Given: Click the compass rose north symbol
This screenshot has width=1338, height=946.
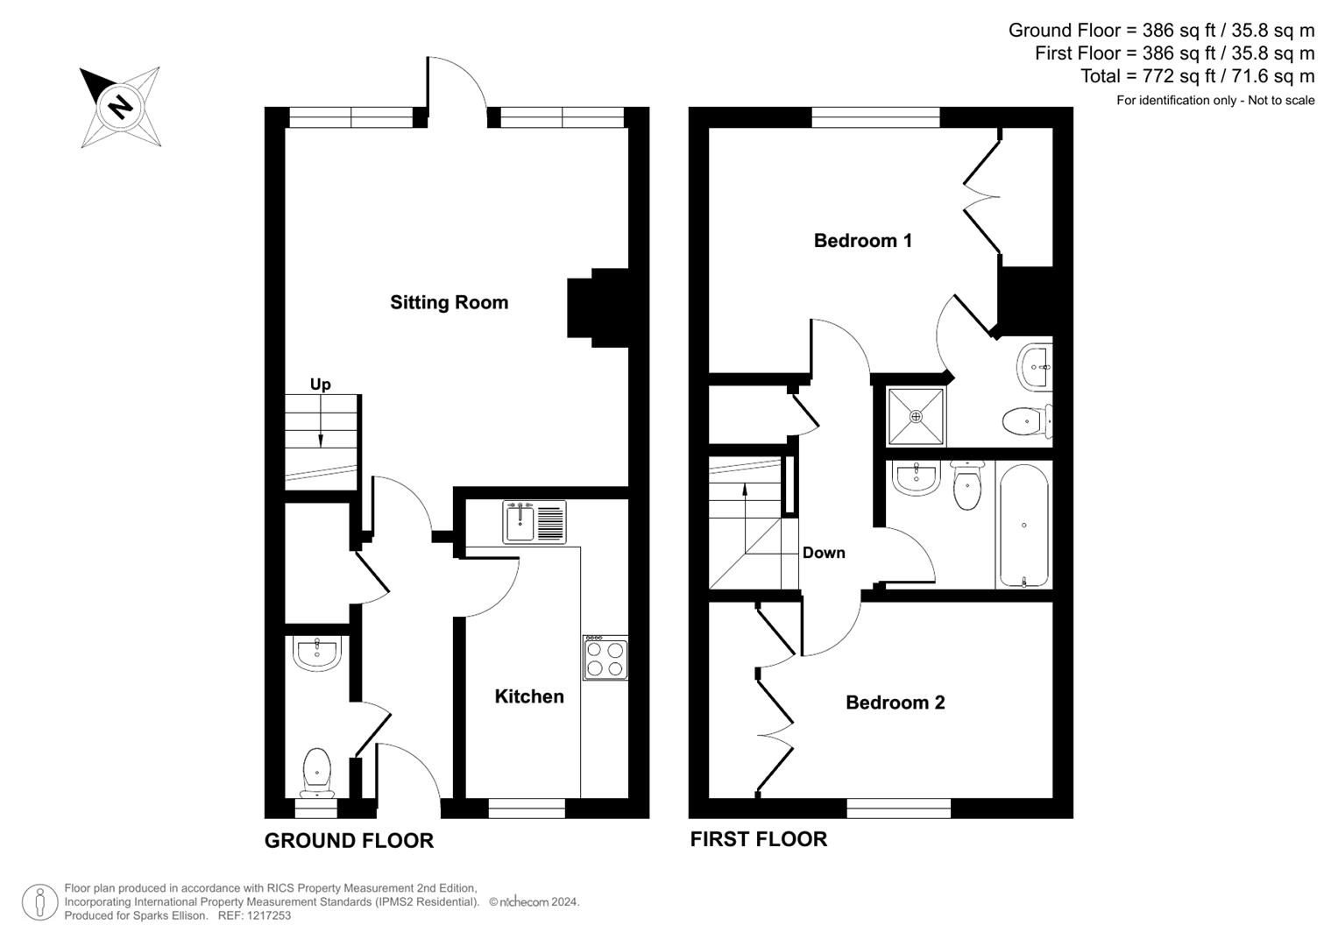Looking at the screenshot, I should point(120,107).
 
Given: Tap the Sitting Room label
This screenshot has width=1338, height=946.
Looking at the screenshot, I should point(449,303).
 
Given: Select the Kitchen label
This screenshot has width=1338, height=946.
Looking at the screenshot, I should point(528,696).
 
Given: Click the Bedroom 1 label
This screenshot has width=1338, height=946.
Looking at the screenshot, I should point(862,241).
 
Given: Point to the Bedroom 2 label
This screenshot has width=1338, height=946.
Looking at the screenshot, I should point(895,702).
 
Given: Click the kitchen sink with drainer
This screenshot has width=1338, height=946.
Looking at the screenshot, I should point(534,522).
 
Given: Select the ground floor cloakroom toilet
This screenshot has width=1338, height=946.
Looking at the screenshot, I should point(316,772).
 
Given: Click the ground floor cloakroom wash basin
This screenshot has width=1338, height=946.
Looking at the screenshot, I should point(315,653).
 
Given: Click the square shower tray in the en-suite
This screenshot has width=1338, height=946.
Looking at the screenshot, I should point(917,416).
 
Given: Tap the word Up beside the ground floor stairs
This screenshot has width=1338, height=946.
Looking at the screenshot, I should point(320,385).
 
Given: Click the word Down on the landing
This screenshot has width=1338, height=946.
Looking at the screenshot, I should point(824,553).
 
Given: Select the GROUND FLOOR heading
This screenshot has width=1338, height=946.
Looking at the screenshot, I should point(349,841).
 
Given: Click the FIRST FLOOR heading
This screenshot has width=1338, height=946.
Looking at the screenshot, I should point(758,839).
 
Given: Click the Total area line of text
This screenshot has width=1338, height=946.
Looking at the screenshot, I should point(1197,76).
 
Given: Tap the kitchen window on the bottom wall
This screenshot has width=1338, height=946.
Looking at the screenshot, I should point(527,808).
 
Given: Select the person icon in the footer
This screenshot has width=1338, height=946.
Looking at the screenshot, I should point(39,902).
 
